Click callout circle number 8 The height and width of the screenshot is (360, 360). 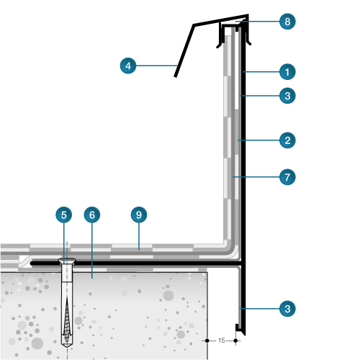point(287,22)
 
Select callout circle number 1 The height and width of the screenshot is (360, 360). point(287,72)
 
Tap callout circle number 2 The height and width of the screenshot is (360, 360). point(287,140)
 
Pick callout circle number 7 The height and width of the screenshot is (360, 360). point(287,177)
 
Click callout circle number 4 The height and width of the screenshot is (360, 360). point(128,66)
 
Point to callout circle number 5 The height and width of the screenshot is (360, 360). point(64,215)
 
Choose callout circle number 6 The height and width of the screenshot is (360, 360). point(92,215)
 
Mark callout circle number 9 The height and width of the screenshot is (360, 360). point(139,215)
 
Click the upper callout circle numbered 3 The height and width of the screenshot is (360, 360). point(287,96)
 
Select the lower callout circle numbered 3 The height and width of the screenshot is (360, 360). point(287,309)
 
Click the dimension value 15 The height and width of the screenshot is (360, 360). point(222,341)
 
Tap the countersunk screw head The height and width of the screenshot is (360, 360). point(67,261)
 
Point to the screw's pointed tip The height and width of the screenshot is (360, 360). point(67,347)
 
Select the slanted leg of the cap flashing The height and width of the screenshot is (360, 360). point(184,50)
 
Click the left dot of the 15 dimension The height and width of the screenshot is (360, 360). point(207,341)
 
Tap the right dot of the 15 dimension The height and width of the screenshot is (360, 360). point(235,341)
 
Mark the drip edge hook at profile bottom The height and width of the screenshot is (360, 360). point(238,328)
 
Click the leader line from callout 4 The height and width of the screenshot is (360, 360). point(157,66)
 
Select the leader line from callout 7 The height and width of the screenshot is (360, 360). point(256,177)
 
